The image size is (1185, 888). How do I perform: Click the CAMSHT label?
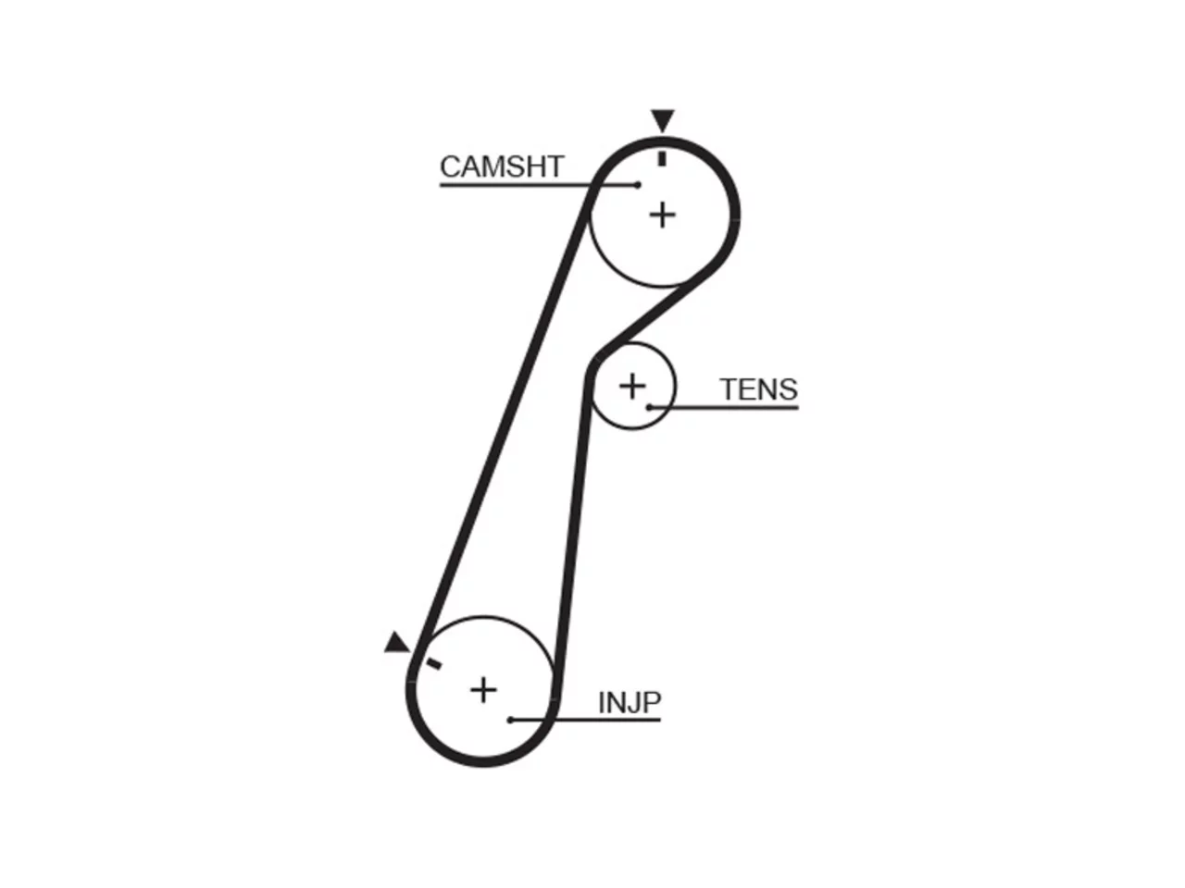pyautogui.click(x=502, y=166)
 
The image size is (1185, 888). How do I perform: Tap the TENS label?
pyautogui.click(x=758, y=389)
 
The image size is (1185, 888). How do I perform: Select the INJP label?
pyautogui.click(x=630, y=702)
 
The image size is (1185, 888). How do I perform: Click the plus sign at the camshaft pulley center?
pyautogui.click(x=663, y=216)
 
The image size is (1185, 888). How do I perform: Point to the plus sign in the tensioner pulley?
pyautogui.click(x=632, y=386)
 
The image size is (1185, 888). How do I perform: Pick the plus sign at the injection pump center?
pyautogui.click(x=483, y=691)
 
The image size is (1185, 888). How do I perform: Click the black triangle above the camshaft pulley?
pyautogui.click(x=663, y=118)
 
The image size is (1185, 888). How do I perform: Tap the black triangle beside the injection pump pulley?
pyautogui.click(x=398, y=643)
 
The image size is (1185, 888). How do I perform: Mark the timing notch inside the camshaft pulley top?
pyautogui.click(x=663, y=158)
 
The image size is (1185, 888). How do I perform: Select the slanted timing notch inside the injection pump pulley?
pyautogui.click(x=434, y=664)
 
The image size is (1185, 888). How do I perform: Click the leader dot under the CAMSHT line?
pyautogui.click(x=638, y=185)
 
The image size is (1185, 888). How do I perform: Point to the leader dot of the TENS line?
pyautogui.click(x=650, y=408)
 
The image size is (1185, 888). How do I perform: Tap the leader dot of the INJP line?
pyautogui.click(x=510, y=720)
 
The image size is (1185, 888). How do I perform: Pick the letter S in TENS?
pyautogui.click(x=788, y=389)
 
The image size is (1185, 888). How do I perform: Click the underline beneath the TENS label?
pyautogui.click(x=724, y=408)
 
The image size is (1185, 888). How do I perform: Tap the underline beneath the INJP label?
pyautogui.click(x=585, y=720)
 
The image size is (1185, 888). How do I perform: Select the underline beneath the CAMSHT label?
pyautogui.click(x=539, y=185)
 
